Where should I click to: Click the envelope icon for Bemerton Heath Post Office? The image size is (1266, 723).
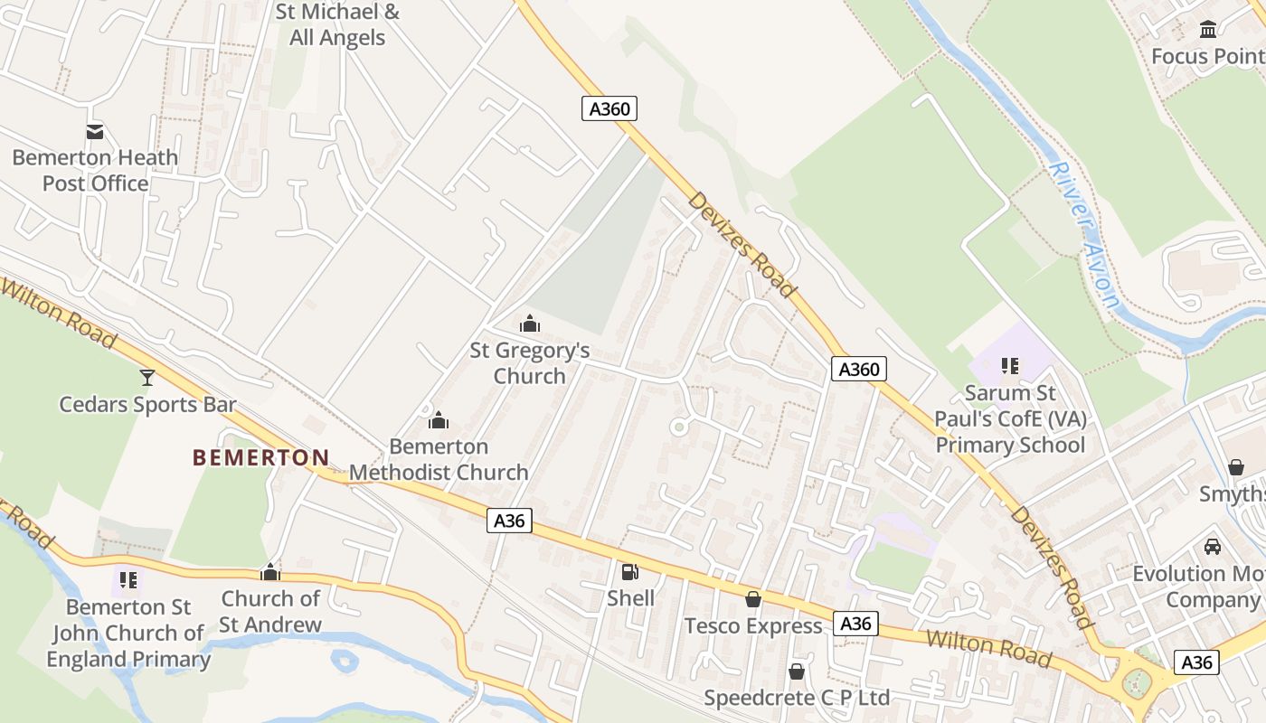pyautogui.click(x=95, y=132)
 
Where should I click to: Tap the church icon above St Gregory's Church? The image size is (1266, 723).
pyautogui.click(x=530, y=324)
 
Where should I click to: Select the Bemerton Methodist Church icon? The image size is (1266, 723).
pyautogui.click(x=439, y=420)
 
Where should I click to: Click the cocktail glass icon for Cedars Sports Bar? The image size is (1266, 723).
pyautogui.click(x=147, y=378)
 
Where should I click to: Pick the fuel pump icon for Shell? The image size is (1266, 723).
pyautogui.click(x=630, y=571)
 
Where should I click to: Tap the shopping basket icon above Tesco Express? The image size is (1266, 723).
pyautogui.click(x=753, y=599)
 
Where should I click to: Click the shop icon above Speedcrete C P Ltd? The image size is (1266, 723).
pyautogui.click(x=797, y=671)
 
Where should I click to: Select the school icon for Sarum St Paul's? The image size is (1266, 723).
pyautogui.click(x=1010, y=366)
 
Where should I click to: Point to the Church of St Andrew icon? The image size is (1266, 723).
pyautogui.click(x=270, y=572)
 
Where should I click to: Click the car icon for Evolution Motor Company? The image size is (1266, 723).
pyautogui.click(x=1213, y=547)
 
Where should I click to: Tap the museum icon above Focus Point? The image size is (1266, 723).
pyautogui.click(x=1208, y=30)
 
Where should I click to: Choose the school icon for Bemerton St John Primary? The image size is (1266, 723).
pyautogui.click(x=128, y=579)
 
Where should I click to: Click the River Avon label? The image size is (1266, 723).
pyautogui.click(x=1086, y=235)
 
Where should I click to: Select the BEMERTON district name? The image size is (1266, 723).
pyautogui.click(x=260, y=457)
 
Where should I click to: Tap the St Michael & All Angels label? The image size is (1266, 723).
pyautogui.click(x=337, y=25)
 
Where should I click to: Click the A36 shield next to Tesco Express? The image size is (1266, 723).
pyautogui.click(x=855, y=624)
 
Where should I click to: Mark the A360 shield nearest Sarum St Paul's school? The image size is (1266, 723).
pyautogui.click(x=859, y=369)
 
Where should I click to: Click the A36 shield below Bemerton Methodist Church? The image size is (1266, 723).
pyautogui.click(x=509, y=521)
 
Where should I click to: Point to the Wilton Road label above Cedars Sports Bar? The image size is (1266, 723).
pyautogui.click(x=59, y=314)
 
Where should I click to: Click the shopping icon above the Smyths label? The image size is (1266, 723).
pyautogui.click(x=1236, y=467)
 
